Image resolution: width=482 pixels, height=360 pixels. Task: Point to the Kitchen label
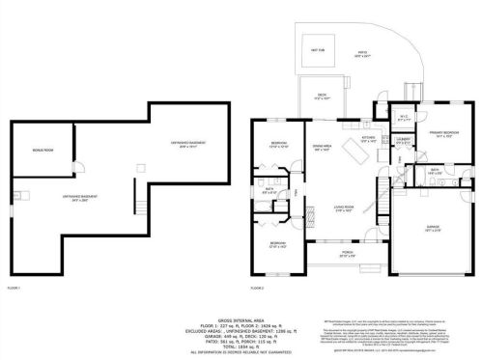click(367, 138)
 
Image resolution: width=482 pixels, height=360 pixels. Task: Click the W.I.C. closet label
click(404, 119)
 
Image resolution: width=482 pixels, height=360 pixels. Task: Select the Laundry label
click(402, 140)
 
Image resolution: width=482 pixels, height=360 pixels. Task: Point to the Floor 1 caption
click(14, 288)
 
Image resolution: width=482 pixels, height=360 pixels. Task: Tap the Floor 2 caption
click(257, 288)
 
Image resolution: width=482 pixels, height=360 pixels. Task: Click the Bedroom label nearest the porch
click(277, 243)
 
